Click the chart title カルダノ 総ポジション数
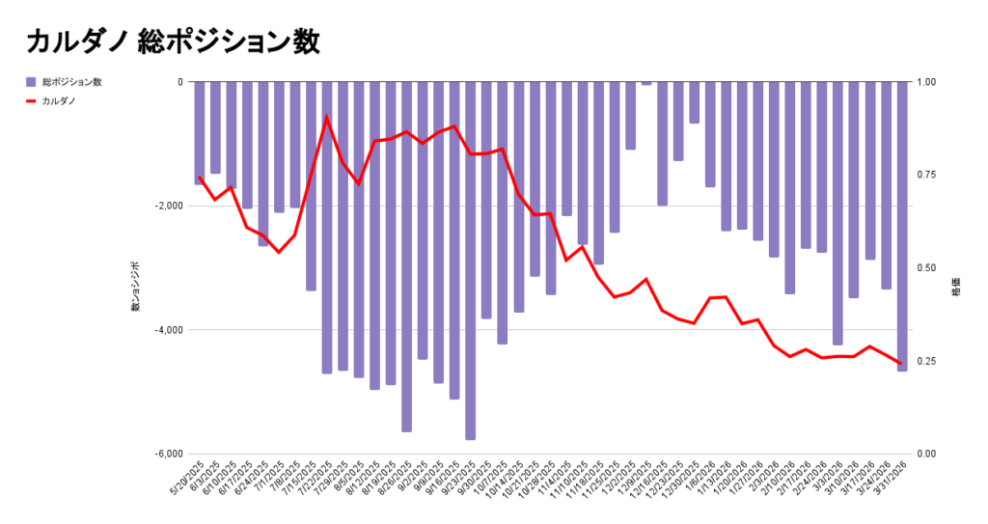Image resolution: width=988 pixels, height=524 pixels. tap(173, 41)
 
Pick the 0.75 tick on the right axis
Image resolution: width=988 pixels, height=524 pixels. tap(925, 176)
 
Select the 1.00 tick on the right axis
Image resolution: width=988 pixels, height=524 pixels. tap(925, 82)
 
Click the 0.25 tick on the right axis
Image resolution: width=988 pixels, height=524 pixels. tap(925, 362)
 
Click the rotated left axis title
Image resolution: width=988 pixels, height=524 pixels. tap(136, 286)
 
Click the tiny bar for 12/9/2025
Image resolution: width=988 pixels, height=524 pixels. tap(645, 84)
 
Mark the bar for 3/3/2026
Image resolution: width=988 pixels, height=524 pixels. tap(837, 213)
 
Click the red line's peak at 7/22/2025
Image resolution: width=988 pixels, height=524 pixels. tap(326, 118)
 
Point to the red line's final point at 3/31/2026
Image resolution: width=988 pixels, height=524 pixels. tap(901, 364)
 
